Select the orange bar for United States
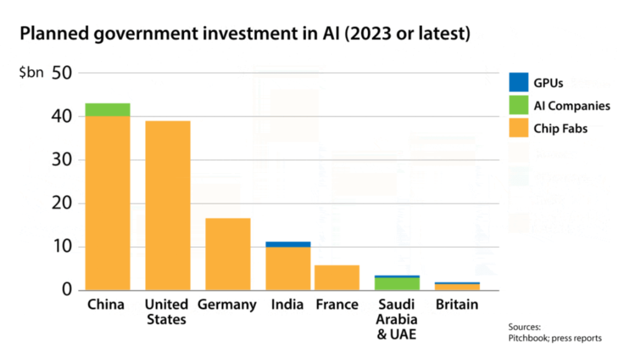168,205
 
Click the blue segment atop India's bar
288,244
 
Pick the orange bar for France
337,277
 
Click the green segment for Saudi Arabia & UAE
397,284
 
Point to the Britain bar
457,287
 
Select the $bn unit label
31,73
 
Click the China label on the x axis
106,305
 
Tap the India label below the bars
287,305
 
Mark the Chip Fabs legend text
560,129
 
